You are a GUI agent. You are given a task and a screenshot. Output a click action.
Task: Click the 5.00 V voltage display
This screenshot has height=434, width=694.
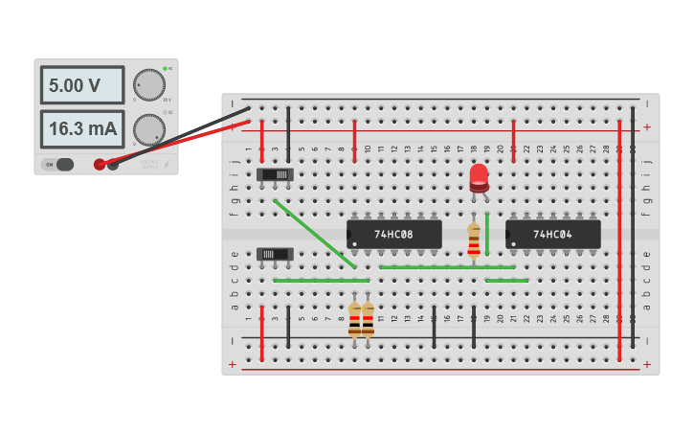(x=81, y=85)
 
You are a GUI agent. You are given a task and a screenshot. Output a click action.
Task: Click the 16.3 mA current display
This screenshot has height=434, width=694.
(x=81, y=128)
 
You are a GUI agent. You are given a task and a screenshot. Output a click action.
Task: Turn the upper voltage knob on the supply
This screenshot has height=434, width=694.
(x=148, y=84)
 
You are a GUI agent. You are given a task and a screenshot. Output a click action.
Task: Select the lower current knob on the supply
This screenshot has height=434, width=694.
(x=148, y=128)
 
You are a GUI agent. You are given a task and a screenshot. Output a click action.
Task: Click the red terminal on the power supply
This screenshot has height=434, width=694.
(x=100, y=164)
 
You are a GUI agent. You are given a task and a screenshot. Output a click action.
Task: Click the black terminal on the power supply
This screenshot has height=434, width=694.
(x=113, y=164)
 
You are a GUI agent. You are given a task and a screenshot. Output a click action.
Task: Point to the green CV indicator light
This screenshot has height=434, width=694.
(x=165, y=68)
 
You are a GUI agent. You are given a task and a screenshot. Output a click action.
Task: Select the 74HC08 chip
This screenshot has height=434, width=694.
(x=394, y=234)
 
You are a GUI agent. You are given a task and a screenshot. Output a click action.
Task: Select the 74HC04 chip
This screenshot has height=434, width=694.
(x=553, y=234)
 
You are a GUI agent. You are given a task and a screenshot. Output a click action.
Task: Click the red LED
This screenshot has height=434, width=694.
(x=479, y=176)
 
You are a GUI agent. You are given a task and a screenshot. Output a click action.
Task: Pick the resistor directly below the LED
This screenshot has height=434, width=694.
(x=474, y=241)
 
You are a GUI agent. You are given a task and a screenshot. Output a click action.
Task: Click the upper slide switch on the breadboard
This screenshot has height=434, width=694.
(x=276, y=174)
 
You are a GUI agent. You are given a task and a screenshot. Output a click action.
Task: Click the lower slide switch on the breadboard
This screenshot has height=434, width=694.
(x=276, y=254)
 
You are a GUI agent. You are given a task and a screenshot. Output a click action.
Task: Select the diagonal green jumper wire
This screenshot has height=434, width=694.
(x=315, y=234)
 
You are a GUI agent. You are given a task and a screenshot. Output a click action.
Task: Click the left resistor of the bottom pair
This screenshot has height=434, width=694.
(x=355, y=320)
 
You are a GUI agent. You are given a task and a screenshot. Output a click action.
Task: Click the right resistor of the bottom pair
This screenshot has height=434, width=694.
(x=368, y=320)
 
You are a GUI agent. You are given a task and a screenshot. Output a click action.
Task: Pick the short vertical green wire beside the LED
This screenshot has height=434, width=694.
(x=487, y=234)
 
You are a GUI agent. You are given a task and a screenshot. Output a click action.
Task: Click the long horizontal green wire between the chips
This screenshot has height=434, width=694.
(x=446, y=267)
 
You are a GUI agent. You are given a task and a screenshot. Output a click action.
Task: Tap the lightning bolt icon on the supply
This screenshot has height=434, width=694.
(x=167, y=164)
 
